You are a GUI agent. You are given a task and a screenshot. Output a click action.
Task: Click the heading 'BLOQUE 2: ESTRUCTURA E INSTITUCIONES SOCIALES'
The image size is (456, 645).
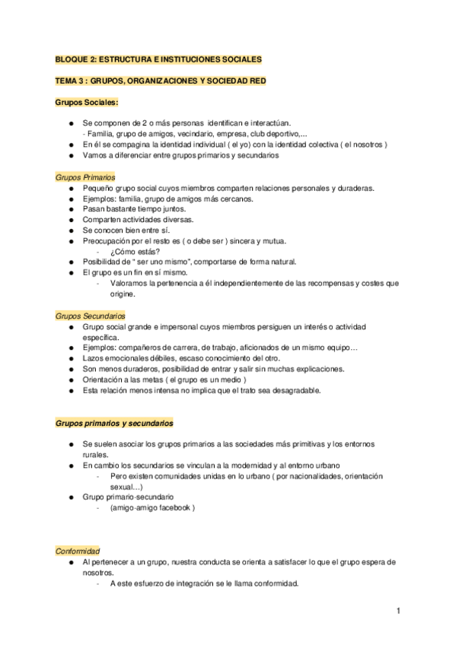[158, 59]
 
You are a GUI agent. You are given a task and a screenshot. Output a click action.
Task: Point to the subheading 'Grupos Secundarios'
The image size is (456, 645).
[91, 315]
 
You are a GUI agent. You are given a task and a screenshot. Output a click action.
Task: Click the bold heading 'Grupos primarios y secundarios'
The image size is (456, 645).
[115, 422]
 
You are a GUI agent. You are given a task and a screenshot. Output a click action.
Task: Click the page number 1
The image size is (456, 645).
[398, 611]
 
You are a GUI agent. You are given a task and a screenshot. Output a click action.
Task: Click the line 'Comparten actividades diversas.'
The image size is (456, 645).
[139, 220]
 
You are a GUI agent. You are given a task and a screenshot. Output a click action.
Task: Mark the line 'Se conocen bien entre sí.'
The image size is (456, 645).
[126, 230]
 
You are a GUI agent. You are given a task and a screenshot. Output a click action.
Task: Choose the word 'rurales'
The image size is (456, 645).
[96, 454]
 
